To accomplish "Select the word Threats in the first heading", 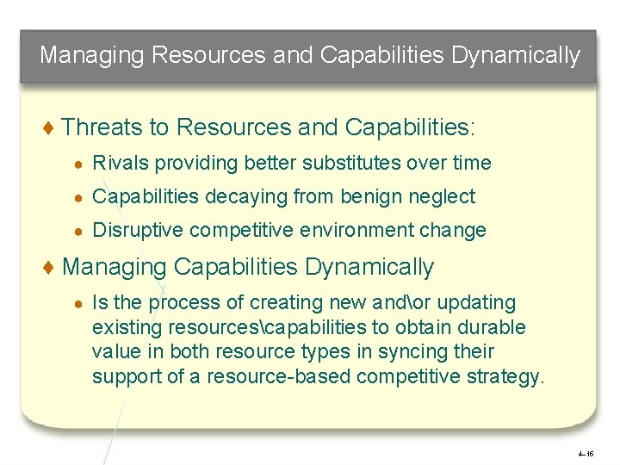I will point(103,127).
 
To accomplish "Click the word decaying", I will point(253,196).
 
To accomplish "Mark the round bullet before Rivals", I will point(78,164).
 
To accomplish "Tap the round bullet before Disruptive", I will point(78,231).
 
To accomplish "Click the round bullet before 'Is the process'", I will point(78,303).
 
